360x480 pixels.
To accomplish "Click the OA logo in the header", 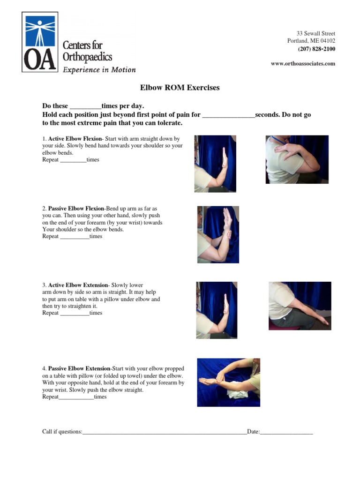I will point(40,42).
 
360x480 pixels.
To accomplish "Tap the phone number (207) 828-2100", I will point(316,49).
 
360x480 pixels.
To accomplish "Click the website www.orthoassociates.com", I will point(303,63).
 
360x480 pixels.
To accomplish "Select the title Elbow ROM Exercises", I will point(180,88).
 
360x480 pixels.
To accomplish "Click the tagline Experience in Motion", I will point(99,70).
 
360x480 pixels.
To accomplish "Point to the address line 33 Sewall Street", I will point(315,33).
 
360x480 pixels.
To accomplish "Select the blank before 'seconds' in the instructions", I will point(228,115).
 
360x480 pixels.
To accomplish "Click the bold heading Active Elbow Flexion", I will point(75,139).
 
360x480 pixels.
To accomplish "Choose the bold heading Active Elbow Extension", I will point(78,285).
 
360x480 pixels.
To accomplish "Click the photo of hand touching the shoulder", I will point(297,159).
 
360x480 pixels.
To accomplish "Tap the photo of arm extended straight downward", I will point(300,306).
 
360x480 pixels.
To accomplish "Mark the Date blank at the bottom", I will point(286,432).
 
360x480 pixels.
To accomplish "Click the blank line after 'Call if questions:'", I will point(164,432).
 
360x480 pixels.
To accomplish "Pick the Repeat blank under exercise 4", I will point(76,397).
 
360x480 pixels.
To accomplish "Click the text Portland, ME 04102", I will point(311,41).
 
